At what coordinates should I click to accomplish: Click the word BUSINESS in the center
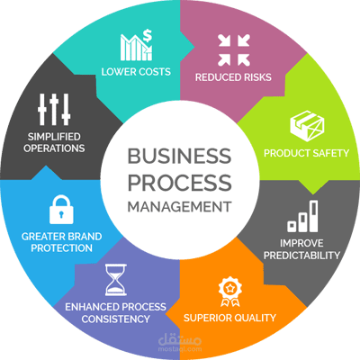[179, 156]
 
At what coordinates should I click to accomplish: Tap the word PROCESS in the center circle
[180, 183]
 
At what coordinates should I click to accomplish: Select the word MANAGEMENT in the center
[179, 207]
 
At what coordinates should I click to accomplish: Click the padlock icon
[61, 210]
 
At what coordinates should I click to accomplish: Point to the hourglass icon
[116, 280]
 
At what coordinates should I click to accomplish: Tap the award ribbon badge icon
[230, 292]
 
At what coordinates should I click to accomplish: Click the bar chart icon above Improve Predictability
[302, 216]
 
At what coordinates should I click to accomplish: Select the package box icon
[307, 126]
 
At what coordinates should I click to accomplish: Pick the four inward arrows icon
[234, 50]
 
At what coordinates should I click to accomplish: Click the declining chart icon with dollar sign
[136, 45]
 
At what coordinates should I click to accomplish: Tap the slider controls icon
[54, 110]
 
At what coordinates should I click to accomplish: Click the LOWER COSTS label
[136, 72]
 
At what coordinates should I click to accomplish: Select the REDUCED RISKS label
[233, 77]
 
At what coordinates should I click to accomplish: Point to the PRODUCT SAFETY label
[306, 153]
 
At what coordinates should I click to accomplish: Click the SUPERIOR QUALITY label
[229, 318]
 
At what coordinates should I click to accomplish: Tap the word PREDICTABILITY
[301, 256]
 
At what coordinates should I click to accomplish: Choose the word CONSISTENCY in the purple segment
[115, 319]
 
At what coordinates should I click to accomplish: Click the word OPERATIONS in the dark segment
[54, 148]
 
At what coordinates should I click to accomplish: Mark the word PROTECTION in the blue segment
[61, 248]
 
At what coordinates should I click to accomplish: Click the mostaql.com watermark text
[180, 349]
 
